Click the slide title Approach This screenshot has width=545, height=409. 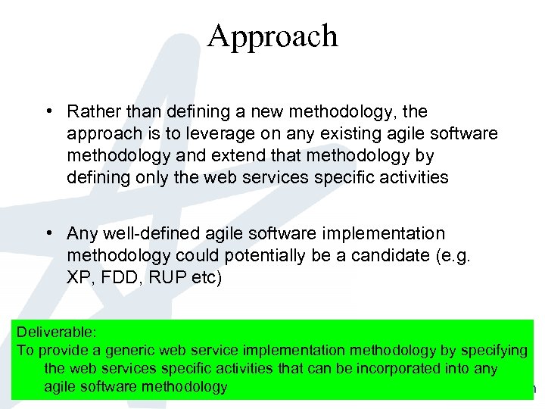(272, 36)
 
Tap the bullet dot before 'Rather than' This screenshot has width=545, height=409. (48, 111)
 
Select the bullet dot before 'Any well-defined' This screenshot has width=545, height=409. (48, 233)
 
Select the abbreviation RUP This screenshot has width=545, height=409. (163, 277)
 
